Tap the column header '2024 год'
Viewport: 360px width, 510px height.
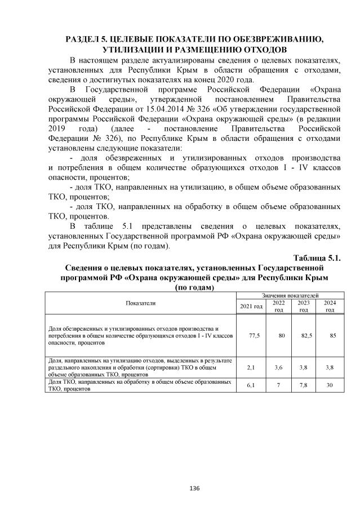coord(330,306)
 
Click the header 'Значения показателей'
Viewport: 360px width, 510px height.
coord(290,295)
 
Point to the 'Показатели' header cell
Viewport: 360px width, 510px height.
coord(141,303)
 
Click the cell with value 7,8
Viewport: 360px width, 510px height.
coord(305,385)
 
